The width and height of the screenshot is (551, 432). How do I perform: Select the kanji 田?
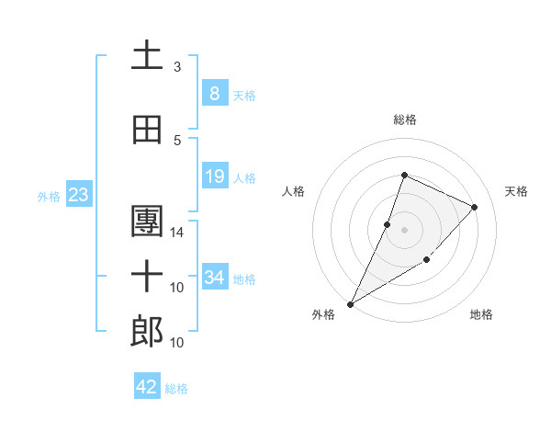147,131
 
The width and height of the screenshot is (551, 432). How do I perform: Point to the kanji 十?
147,277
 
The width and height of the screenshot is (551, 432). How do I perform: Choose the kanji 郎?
147,332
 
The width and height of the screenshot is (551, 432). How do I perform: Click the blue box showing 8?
214,93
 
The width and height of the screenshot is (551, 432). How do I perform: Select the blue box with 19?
214,176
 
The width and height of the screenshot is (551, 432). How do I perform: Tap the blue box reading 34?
214,277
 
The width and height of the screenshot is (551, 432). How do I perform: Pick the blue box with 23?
78,195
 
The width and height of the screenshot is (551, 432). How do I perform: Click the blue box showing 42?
147,387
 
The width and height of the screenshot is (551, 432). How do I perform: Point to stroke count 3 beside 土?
177,67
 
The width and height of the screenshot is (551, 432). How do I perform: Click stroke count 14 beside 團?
177,232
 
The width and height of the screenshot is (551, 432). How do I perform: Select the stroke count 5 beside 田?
177,141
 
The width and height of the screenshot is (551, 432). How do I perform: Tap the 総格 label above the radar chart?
404,119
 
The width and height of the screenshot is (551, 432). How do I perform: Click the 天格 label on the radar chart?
516,191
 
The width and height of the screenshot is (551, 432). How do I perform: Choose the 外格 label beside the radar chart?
323,314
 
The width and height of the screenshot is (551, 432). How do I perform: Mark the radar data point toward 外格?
350,303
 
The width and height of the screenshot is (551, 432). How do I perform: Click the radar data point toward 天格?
474,207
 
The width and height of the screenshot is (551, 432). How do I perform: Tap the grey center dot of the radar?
404,230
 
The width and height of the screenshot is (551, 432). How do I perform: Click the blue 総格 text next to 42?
176,389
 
